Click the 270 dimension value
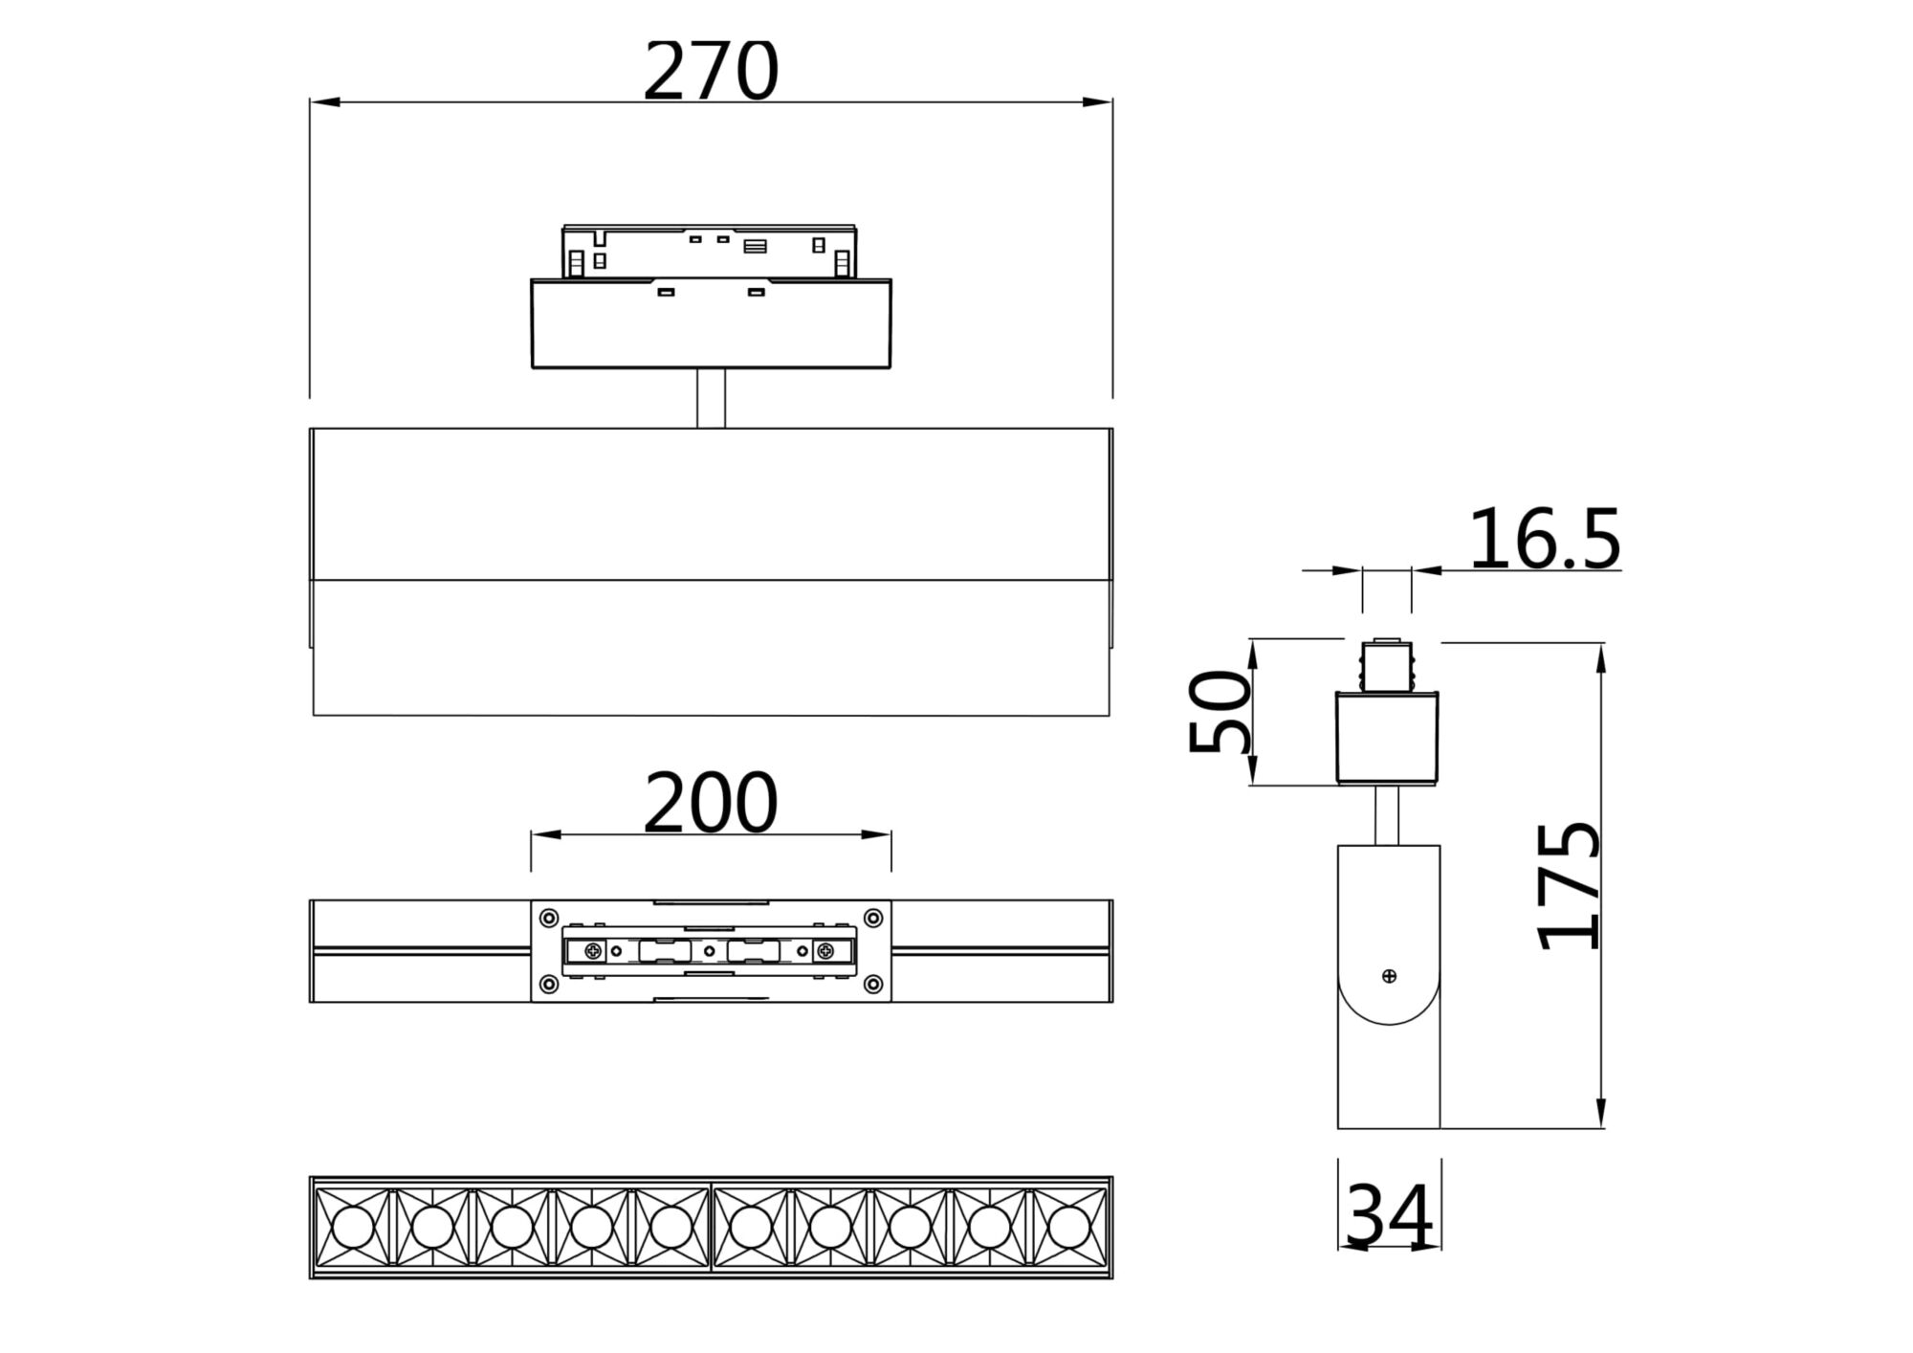pyautogui.click(x=711, y=72)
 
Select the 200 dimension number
pyautogui.click(x=710, y=804)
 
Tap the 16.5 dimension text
pyautogui.click(x=1544, y=541)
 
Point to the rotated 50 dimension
pyautogui.click(x=1220, y=712)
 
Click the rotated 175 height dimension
pyautogui.click(x=1569, y=885)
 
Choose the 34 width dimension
pyautogui.click(x=1389, y=1216)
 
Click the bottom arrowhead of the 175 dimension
pyautogui.click(x=1600, y=1116)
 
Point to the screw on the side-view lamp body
pyautogui.click(x=1389, y=976)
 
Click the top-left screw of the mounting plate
pyautogui.click(x=548, y=919)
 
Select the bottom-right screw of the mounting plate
pyautogui.click(x=873, y=984)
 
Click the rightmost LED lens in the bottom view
pyautogui.click(x=1068, y=1226)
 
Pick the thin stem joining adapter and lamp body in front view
pyautogui.click(x=711, y=398)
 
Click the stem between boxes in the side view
pyautogui.click(x=1388, y=815)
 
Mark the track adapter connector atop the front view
pyautogui.click(x=709, y=252)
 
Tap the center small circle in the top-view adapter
pyautogui.click(x=709, y=951)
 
